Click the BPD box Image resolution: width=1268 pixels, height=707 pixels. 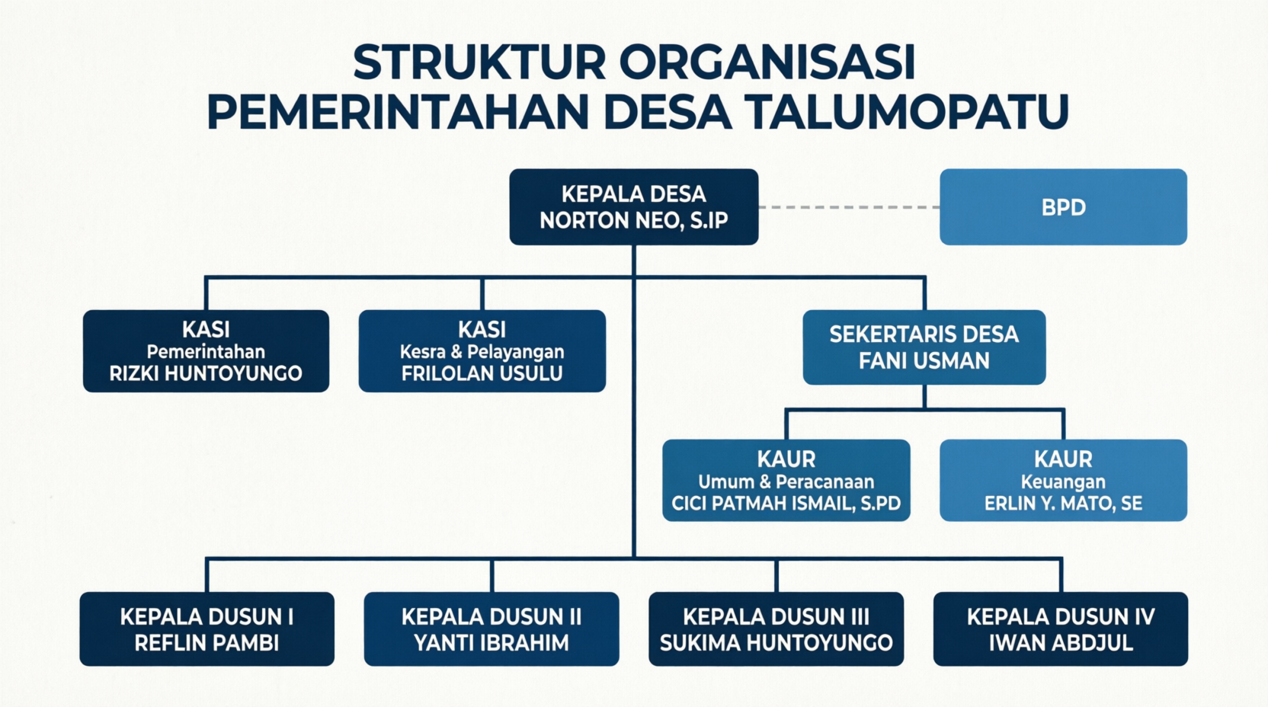point(1063,206)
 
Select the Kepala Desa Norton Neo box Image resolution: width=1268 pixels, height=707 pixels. point(633,206)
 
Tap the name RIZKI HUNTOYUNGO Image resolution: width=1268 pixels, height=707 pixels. point(206,373)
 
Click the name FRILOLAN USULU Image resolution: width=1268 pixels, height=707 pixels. point(482,373)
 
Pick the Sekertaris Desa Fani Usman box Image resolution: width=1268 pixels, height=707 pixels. point(924,347)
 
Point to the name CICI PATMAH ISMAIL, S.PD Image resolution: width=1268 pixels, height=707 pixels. point(786,504)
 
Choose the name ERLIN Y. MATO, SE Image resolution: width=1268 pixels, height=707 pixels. point(1063,504)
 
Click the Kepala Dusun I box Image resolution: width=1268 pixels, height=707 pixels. point(207,629)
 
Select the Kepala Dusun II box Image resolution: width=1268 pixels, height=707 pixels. point(492,629)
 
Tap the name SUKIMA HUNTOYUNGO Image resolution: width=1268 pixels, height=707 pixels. point(776,643)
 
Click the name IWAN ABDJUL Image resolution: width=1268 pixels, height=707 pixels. point(1061,643)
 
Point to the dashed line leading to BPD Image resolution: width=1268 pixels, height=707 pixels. point(849,207)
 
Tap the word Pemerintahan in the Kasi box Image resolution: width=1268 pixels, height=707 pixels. point(206,352)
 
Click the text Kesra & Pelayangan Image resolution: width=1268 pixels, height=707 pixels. point(482,352)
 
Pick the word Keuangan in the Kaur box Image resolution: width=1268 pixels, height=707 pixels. point(1063,481)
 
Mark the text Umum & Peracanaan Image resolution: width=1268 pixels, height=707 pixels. point(786,481)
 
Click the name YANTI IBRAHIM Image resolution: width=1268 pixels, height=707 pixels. point(492,643)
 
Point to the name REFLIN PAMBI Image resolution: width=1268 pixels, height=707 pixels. point(207,643)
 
